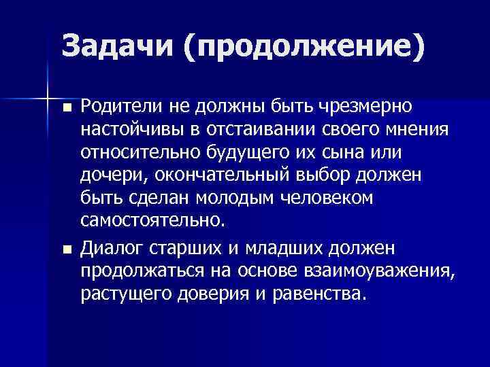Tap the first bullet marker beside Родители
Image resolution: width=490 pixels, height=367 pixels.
click(65, 108)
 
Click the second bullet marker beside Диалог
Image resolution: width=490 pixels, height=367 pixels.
click(65, 249)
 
